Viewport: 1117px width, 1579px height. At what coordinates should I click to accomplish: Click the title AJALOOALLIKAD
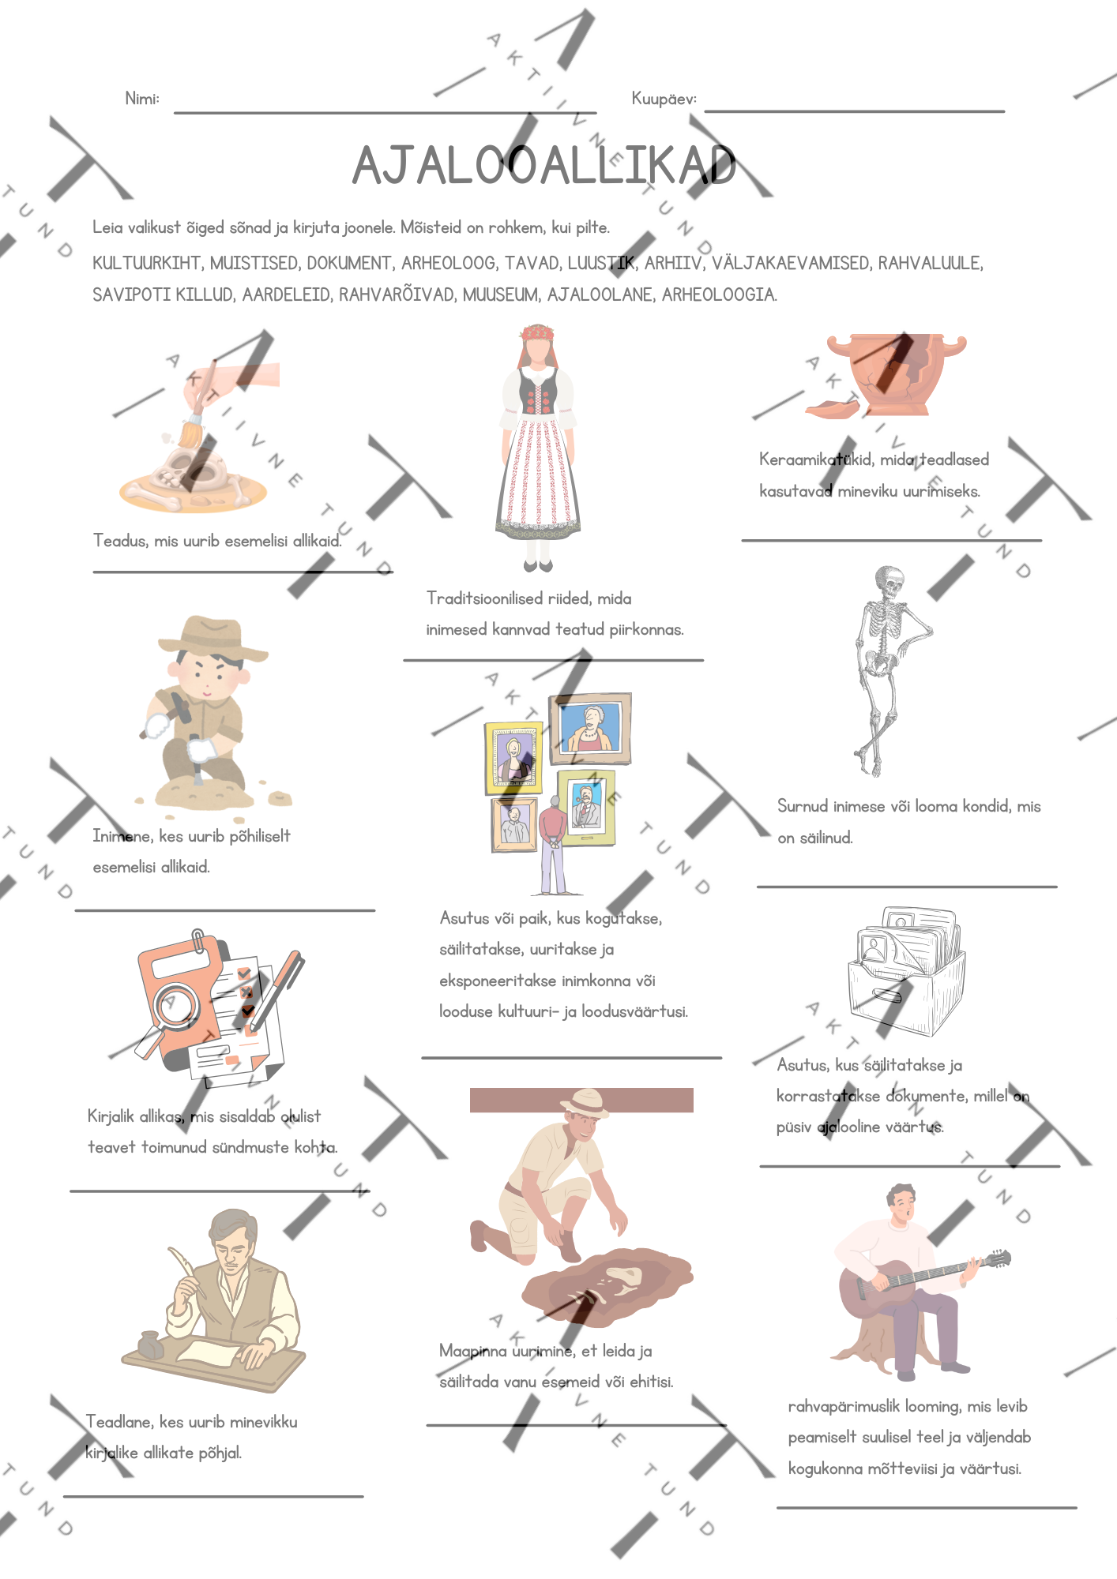544,166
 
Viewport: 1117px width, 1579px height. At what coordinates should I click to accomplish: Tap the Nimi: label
142,99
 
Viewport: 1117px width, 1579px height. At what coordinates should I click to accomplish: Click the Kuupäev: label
664,99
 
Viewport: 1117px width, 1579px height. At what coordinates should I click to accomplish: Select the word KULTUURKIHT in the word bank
147,263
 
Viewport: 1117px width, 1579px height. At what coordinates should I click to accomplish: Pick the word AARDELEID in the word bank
286,294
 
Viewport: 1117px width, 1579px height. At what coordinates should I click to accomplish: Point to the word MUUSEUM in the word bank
500,294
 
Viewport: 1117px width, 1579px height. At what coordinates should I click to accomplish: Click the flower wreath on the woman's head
537,332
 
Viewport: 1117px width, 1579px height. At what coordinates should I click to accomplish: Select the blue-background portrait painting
591,727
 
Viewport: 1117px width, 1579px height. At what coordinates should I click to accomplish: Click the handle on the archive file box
888,995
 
